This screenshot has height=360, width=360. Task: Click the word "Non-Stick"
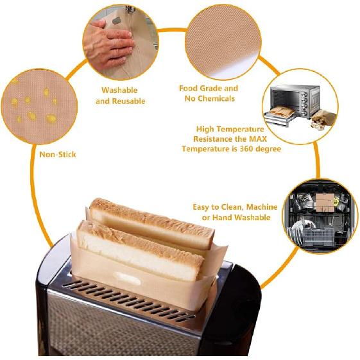tap(58, 155)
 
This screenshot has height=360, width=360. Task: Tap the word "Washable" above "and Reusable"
tap(119, 90)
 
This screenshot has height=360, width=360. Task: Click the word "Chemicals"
tap(216, 99)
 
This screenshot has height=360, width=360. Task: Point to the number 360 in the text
tap(246, 149)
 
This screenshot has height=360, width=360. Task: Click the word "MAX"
tap(258, 139)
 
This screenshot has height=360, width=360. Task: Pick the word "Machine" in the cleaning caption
tap(262, 207)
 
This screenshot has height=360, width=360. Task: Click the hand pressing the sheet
tap(108, 44)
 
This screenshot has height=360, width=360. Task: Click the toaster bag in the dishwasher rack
tap(325, 202)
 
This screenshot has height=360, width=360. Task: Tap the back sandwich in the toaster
tap(151, 224)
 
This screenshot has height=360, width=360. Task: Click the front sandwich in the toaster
tap(140, 250)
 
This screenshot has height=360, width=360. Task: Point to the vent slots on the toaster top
tap(128, 298)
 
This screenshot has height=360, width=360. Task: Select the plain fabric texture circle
tap(223, 42)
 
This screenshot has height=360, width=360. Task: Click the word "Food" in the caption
tap(189, 89)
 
